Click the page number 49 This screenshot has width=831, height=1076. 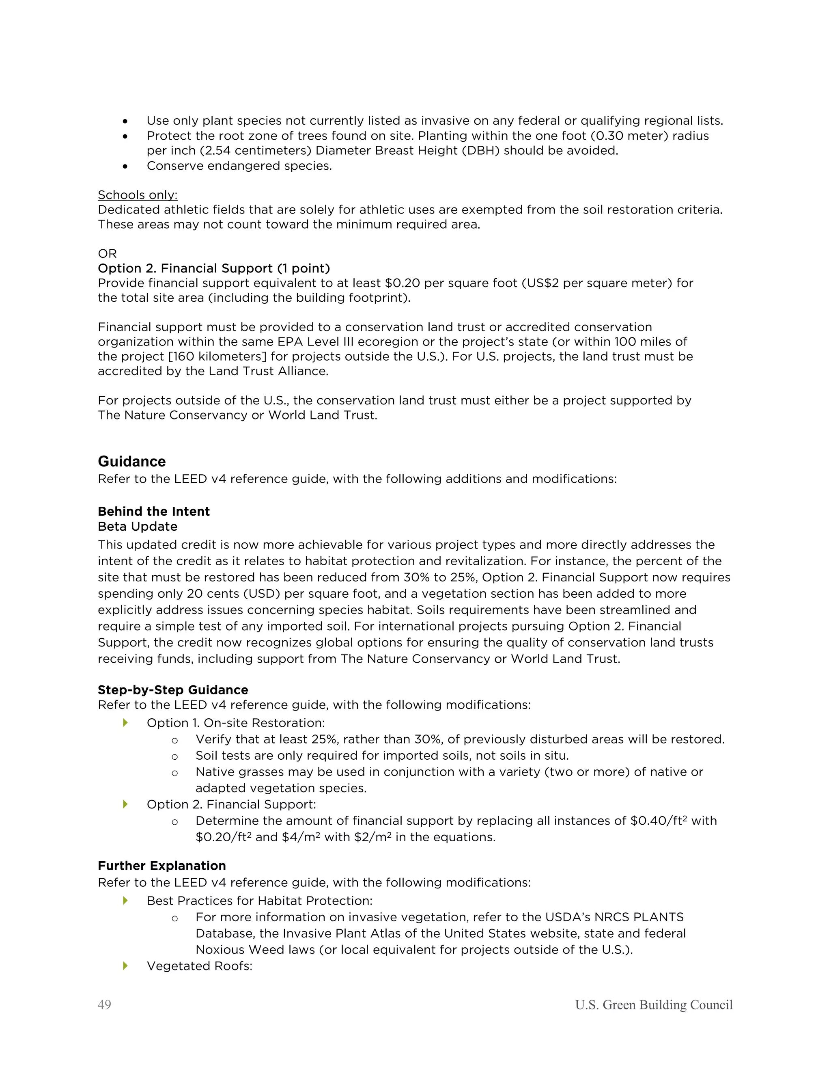tap(104, 1005)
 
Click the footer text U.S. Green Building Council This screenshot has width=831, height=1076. tap(653, 1005)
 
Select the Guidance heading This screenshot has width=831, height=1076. tap(131, 461)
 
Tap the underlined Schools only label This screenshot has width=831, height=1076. tap(138, 194)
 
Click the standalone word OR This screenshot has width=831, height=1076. tap(107, 254)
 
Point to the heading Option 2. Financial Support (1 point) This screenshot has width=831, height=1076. tap(214, 268)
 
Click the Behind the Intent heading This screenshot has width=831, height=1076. tap(154, 511)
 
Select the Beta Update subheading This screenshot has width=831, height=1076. tap(138, 526)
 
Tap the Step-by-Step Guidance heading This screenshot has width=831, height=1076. tap(173, 690)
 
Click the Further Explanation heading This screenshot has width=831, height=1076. tap(161, 866)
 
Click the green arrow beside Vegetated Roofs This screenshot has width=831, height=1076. tap(125, 965)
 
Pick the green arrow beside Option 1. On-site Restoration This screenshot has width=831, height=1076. tap(125, 722)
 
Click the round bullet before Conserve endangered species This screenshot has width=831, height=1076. tap(125, 166)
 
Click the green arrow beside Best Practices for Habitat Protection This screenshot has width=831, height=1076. tap(125, 900)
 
